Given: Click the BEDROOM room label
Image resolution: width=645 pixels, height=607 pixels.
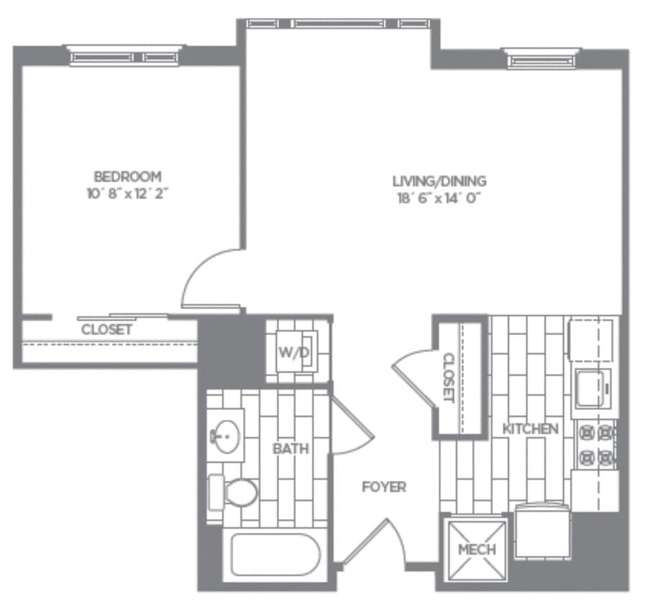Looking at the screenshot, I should coord(127,176).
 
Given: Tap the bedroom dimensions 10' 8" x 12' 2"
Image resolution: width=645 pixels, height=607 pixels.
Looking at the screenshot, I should coord(127,193).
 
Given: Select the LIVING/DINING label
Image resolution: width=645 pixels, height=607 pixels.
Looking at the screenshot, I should coord(439,181).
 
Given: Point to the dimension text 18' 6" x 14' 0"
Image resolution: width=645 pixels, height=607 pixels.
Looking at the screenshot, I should coord(439,198).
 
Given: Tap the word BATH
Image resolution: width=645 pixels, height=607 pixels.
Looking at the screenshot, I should coord(291,449).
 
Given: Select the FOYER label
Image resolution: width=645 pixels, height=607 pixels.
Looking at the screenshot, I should coord(383,487).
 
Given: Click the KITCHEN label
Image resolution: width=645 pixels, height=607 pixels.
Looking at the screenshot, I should coord(530,429).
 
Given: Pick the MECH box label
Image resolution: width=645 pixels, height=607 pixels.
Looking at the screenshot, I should coord(476,549).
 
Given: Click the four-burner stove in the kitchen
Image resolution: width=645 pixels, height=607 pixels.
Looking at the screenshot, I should coord(597,444).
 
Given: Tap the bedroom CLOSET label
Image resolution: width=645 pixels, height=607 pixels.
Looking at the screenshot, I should coord(106,330).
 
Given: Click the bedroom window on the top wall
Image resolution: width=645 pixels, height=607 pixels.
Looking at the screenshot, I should coord(124,55).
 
